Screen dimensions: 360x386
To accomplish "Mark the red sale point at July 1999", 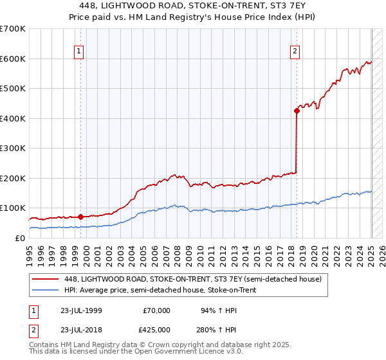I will click(x=80, y=217).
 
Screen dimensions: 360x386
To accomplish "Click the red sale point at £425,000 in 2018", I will click(x=297, y=111).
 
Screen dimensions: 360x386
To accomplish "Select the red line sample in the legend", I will click(x=46, y=278).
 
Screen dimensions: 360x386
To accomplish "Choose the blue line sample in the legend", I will click(x=46, y=290).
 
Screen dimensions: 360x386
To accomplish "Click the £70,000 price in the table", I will click(x=156, y=310).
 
